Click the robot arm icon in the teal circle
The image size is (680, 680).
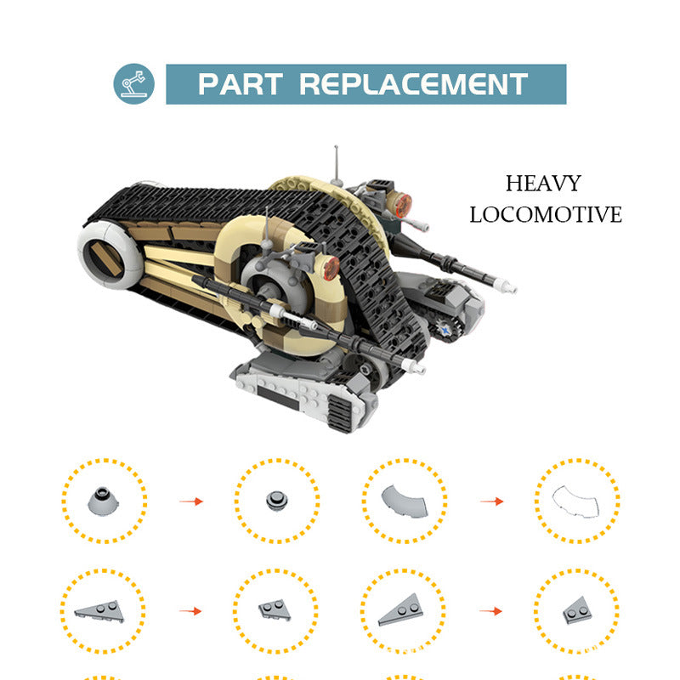(134, 84)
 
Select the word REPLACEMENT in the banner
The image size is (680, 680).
(414, 85)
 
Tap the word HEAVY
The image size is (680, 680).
(543, 184)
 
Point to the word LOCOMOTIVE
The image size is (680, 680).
(546, 214)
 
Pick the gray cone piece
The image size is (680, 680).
(104, 500)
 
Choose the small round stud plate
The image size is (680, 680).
(276, 500)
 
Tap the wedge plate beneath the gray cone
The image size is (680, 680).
(99, 609)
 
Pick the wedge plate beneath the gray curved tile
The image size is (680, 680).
(402, 610)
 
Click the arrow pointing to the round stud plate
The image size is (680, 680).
(191, 501)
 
